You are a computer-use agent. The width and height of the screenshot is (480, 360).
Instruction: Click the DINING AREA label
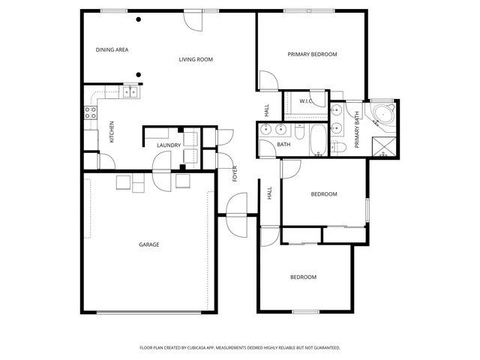112,50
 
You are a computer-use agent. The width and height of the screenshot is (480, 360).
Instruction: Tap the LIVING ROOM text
196,59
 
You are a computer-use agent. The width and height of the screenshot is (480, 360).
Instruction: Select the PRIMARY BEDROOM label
313,54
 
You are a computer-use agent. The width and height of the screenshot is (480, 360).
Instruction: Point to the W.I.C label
306,100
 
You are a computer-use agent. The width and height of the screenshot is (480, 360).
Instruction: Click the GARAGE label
148,244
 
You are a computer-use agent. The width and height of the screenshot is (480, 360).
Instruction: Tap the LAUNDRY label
169,145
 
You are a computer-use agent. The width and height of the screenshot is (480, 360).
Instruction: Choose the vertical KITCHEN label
112,132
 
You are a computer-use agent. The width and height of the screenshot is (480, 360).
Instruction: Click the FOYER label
235,173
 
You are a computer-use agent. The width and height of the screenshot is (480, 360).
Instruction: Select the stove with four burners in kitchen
90,113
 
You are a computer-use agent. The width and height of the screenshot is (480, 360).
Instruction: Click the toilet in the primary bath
338,145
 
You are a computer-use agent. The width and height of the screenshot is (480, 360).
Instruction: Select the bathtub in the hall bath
316,140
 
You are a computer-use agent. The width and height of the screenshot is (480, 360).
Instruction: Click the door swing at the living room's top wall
193,20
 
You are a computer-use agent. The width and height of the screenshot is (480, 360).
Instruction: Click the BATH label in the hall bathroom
283,145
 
